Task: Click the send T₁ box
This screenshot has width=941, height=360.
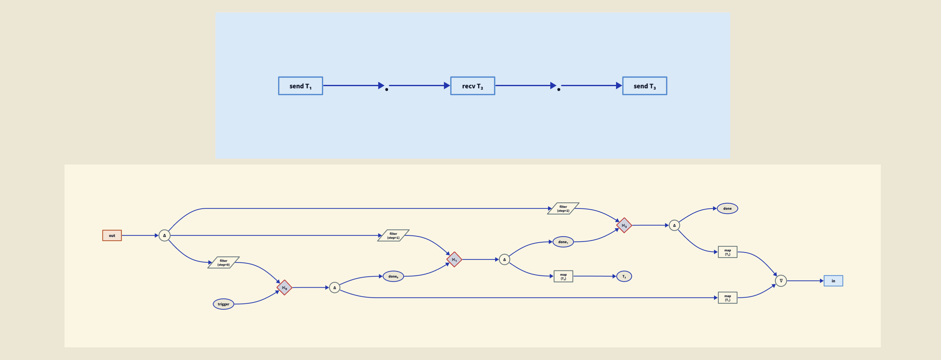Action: pos(300,86)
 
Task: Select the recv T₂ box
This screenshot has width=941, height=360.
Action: pos(472,86)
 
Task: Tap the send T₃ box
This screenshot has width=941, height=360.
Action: pos(644,86)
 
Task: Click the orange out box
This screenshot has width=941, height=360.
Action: pos(112,235)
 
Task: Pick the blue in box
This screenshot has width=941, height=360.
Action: pos(833,281)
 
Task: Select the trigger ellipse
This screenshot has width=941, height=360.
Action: pos(223,304)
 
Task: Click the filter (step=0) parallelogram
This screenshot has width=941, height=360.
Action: pos(223,262)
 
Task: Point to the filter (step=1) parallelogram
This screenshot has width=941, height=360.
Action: pos(393,235)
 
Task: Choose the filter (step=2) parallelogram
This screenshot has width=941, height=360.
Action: pos(563,208)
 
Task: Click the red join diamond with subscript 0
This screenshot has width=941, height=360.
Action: pos(284,288)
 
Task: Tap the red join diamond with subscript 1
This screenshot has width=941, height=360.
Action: pos(454,259)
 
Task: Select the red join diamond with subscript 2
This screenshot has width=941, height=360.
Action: pos(624,225)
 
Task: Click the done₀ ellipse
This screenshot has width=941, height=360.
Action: pos(393,276)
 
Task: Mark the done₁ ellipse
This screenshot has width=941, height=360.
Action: pos(563,242)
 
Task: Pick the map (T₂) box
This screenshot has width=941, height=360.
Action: pos(563,276)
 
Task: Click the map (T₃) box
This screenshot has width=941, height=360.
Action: pos(727,252)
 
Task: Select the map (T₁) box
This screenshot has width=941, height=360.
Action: pos(727,298)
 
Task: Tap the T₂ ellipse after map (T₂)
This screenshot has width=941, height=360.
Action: pos(624,276)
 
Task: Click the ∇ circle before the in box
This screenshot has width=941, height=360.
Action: pos(781,281)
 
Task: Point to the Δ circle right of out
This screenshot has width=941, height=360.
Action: pos(164,235)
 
